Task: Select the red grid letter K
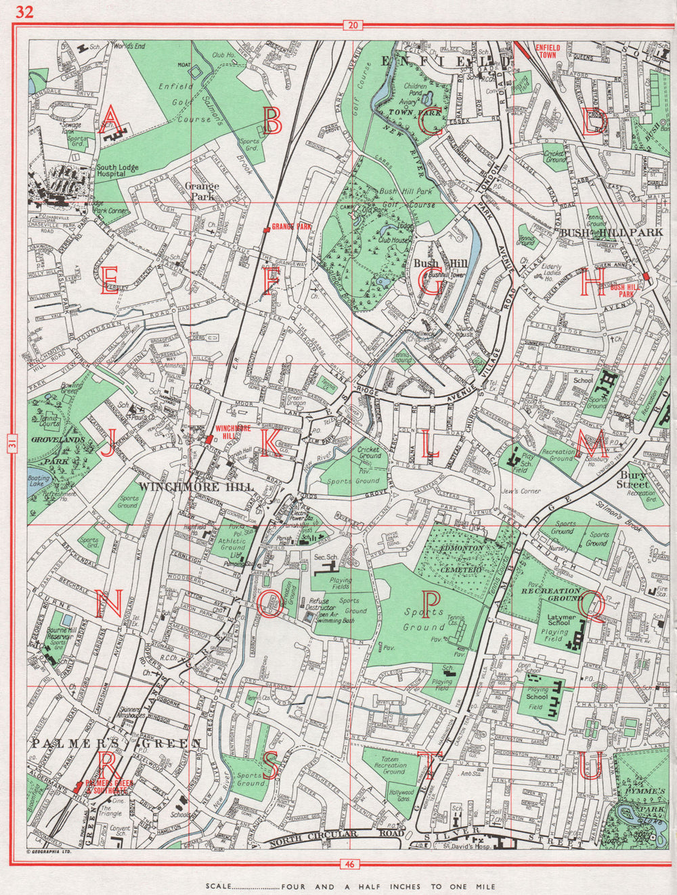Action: tap(269, 444)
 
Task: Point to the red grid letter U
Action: tap(590, 765)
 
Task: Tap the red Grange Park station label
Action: tap(292, 227)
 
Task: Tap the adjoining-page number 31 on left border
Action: tap(10, 444)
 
